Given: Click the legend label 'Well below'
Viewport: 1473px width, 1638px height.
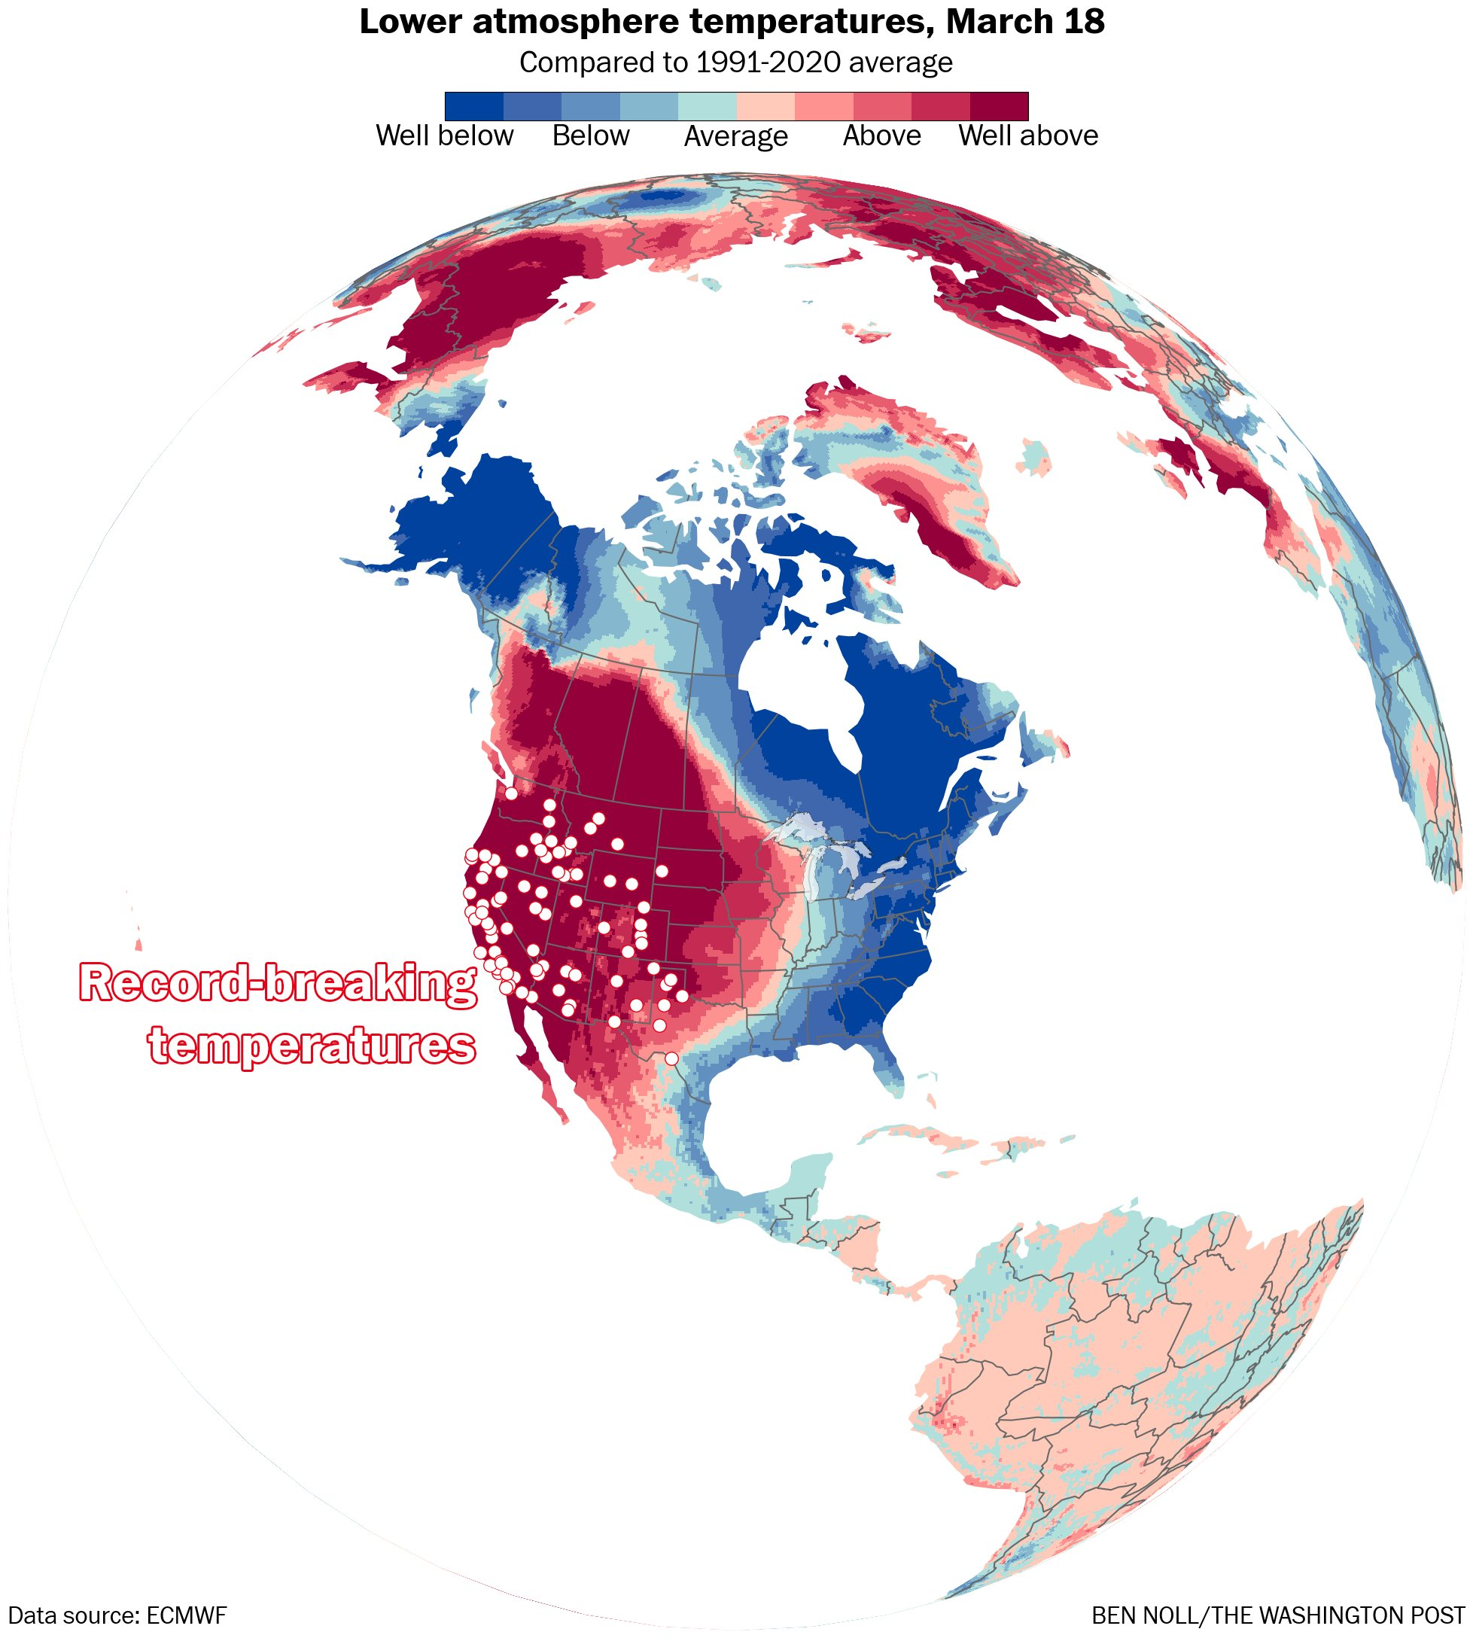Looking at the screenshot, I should pyautogui.click(x=444, y=136).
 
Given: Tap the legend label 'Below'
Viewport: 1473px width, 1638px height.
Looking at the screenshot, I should pyautogui.click(x=590, y=136).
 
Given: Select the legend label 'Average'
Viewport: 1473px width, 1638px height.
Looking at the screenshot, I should pyautogui.click(x=735, y=137).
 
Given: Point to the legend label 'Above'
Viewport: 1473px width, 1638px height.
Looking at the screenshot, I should pyautogui.click(x=881, y=136).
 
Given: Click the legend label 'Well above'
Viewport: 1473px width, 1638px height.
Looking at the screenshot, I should pyautogui.click(x=1028, y=136).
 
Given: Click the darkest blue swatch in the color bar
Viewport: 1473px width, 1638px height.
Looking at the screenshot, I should pyautogui.click(x=474, y=106).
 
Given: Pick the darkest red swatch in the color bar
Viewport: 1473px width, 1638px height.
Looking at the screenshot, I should pyautogui.click(x=999, y=106).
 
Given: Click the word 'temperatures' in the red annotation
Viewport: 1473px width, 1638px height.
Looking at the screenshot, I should pyautogui.click(x=312, y=1045).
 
